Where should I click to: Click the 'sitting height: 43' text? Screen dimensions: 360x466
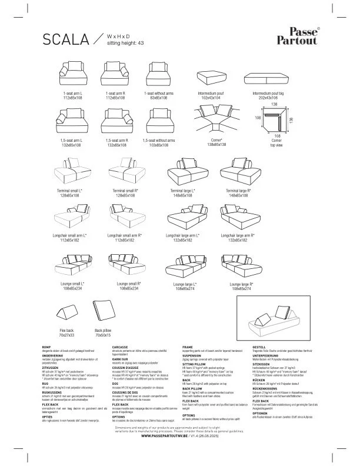tap(125, 44)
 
